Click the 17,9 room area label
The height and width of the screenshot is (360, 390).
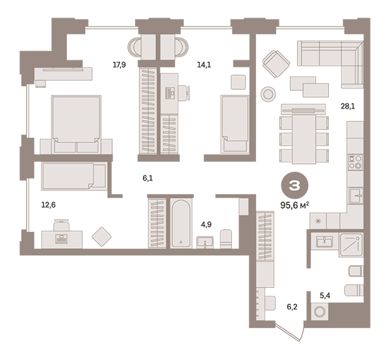[120, 65]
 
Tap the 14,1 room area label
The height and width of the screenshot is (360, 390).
[204, 65]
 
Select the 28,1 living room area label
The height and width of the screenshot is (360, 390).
[348, 107]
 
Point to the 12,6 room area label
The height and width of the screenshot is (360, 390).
[49, 205]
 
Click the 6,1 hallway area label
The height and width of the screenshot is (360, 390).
[148, 178]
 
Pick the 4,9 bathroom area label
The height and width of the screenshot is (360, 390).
[206, 224]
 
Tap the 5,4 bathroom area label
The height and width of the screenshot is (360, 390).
[325, 296]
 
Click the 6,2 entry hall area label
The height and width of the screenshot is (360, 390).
[292, 307]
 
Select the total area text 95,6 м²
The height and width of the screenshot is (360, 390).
[294, 205]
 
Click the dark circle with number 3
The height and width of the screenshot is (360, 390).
[294, 185]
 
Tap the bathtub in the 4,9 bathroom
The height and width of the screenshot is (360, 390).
[181, 224]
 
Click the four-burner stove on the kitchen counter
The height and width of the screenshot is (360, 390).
[355, 162]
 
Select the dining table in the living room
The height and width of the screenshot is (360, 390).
[304, 138]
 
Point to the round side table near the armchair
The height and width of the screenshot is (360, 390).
[268, 94]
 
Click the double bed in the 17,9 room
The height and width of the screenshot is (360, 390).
[76, 124]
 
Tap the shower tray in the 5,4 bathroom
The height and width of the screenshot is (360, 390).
[351, 245]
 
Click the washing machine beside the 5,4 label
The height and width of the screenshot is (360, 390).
[320, 311]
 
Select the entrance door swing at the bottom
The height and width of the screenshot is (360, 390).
[291, 331]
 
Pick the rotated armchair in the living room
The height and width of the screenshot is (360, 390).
[276, 64]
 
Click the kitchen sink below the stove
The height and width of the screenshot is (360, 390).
[356, 196]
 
